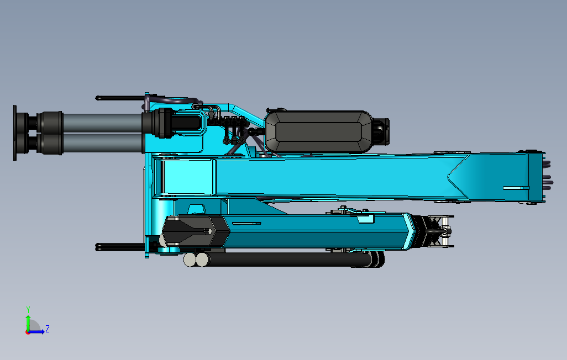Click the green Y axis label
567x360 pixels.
pyautogui.click(x=28, y=310)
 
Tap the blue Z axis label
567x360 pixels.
pyautogui.click(x=47, y=329)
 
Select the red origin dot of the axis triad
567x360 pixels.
pyautogui.click(x=28, y=332)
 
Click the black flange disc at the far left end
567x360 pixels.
pyautogui.click(x=15, y=133)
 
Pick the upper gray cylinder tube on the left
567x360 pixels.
pyautogui.click(x=102, y=123)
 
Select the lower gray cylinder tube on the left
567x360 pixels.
pyautogui.click(x=102, y=143)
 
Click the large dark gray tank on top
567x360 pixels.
pyautogui.click(x=318, y=131)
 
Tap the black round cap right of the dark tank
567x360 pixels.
pyautogui.click(x=381, y=131)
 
